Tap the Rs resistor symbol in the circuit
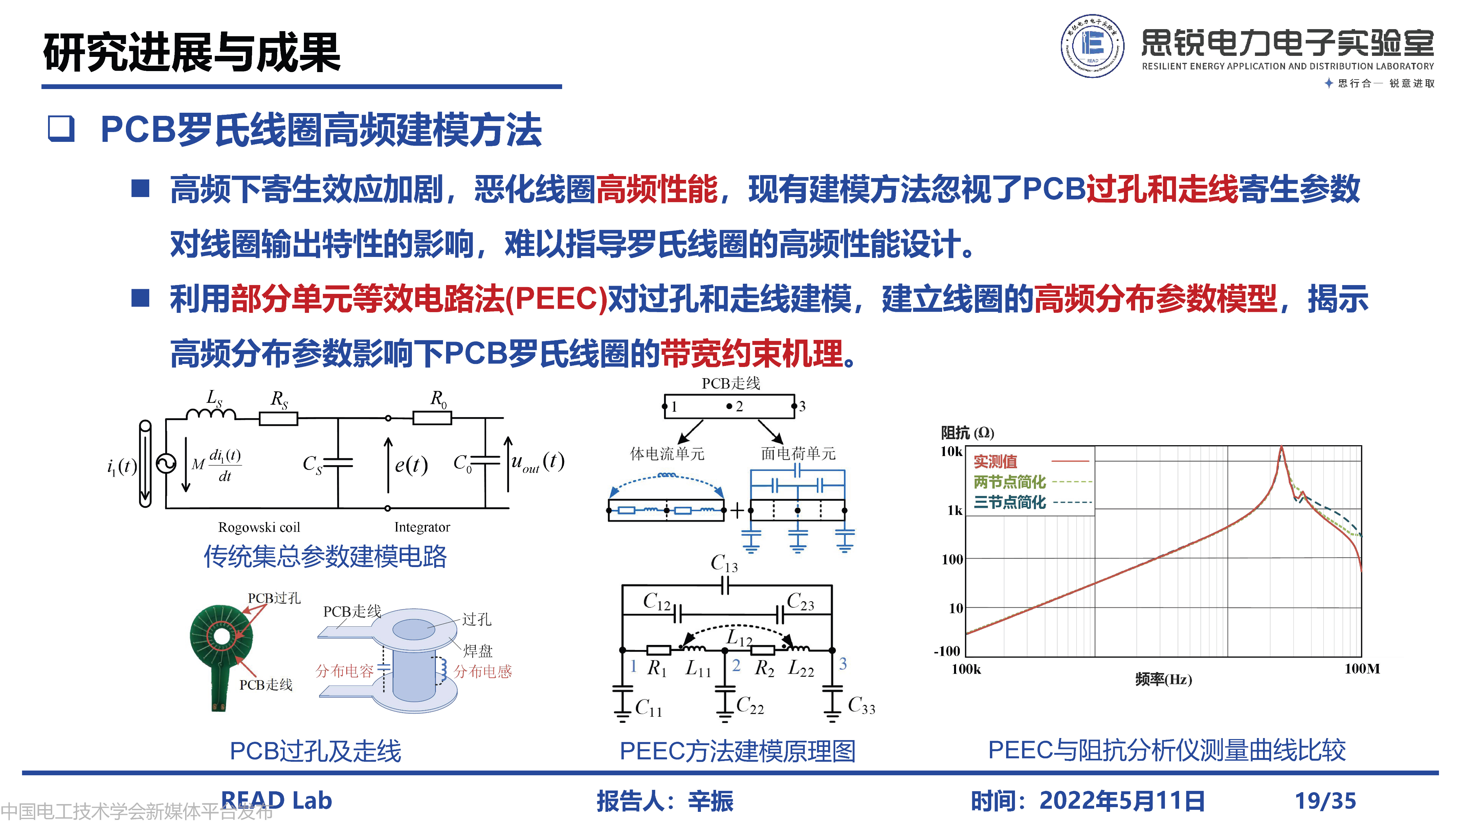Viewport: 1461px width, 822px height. tap(279, 419)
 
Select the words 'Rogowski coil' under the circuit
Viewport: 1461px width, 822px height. tap(259, 527)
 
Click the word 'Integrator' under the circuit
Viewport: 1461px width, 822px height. tap(422, 527)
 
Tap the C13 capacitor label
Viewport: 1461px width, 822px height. tap(724, 564)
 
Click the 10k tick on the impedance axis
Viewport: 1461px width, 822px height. tap(951, 452)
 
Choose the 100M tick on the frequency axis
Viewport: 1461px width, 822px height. tap(1362, 669)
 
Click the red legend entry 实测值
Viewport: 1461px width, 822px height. tap(995, 461)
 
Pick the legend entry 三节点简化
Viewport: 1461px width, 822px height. tap(1010, 502)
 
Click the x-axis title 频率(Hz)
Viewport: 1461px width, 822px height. tap(1163, 679)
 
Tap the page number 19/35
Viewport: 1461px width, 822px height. tap(1325, 800)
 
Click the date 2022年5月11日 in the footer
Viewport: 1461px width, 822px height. tap(1122, 800)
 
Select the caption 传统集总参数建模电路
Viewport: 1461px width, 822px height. tap(325, 557)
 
